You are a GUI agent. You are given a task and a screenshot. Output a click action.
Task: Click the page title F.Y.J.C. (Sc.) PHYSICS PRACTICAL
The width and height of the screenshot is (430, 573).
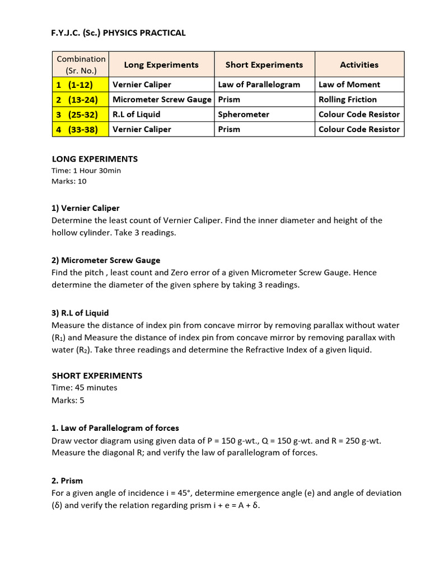coord(118,33)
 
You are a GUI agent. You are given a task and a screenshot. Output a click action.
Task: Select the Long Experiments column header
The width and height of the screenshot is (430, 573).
coord(161,65)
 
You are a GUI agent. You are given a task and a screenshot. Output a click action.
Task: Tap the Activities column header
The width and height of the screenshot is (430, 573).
coord(359,65)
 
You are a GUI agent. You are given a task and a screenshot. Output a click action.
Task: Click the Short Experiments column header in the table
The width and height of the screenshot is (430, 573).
coord(264,65)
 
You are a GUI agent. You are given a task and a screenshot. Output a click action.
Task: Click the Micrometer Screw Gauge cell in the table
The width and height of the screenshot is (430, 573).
coord(162,100)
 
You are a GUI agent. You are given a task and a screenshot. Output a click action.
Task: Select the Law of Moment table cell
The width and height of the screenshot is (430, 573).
coord(349,84)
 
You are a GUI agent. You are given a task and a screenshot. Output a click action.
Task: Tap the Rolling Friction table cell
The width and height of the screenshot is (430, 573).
coord(348,100)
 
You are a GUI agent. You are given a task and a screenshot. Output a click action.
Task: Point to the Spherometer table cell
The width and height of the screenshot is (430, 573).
coord(244,114)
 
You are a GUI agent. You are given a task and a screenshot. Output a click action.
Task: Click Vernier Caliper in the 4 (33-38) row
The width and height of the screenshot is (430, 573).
coord(142,129)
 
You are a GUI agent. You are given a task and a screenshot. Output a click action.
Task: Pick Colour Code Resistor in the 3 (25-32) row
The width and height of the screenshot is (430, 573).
coord(359,114)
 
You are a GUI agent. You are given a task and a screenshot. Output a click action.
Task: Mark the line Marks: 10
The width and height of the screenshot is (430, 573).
coord(69,181)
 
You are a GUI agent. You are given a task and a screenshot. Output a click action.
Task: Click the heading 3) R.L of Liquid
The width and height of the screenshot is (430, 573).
coord(80,312)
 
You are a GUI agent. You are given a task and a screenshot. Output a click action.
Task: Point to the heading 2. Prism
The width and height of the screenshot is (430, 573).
coord(67,480)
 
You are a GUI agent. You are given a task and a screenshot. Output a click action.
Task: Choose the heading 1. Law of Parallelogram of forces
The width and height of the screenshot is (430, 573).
coord(115,428)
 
